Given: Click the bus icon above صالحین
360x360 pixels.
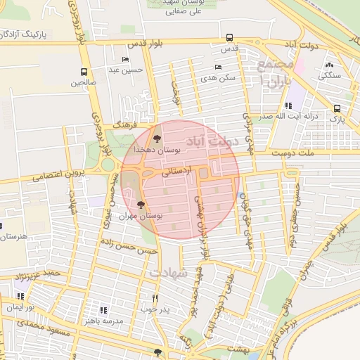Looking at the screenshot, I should point(84,72).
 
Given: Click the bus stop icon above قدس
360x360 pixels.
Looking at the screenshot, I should point(229,38).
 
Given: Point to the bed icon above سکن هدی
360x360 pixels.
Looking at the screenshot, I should point(218,67).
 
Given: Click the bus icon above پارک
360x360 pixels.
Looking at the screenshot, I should point(337,108).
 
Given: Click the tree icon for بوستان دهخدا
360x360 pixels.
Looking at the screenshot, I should point(157,139).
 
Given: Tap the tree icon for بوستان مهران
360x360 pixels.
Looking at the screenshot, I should point(142,205).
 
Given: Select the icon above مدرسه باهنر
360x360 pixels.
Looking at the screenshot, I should point(103,309).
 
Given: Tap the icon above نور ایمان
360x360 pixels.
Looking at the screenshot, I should point(20,297).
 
